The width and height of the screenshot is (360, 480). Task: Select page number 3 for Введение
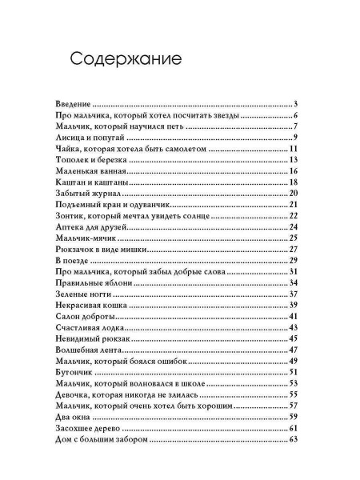295,104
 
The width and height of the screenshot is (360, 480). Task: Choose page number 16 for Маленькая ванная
294,171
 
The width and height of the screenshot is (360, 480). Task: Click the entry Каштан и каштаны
94,182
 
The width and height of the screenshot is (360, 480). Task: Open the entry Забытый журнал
90,194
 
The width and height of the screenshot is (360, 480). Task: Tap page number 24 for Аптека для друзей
294,227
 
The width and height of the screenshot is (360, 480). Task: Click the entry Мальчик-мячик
89,238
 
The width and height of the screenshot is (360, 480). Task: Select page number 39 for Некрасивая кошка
294,306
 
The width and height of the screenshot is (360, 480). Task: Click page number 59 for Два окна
294,417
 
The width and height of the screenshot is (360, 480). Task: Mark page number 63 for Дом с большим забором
294,439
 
